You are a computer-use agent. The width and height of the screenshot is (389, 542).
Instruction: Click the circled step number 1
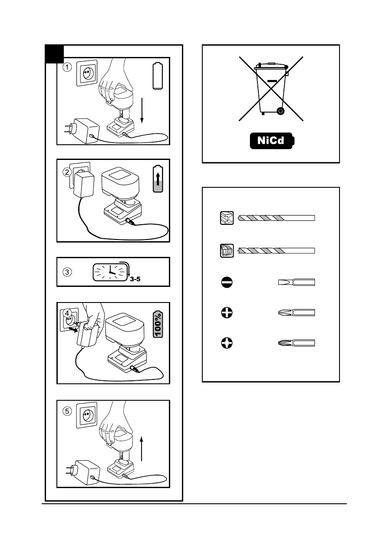pyautogui.click(x=66, y=67)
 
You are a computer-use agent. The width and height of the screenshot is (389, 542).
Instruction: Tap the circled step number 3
pyautogui.click(x=66, y=273)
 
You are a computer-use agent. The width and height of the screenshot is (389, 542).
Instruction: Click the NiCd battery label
pyautogui.click(x=271, y=141)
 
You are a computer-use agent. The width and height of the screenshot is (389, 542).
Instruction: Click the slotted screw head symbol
pyautogui.click(x=226, y=283)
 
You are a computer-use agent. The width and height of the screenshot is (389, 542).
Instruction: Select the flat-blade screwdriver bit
pyautogui.click(x=297, y=283)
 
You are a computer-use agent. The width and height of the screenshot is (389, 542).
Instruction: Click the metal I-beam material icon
pyautogui.click(x=226, y=217)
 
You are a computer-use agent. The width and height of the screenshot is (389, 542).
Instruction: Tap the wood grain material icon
pyautogui.click(x=226, y=251)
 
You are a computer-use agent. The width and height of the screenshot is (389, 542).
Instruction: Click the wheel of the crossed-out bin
pyautogui.click(x=280, y=111)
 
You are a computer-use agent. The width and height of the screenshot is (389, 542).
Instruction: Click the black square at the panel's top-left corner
pyautogui.click(x=55, y=54)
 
